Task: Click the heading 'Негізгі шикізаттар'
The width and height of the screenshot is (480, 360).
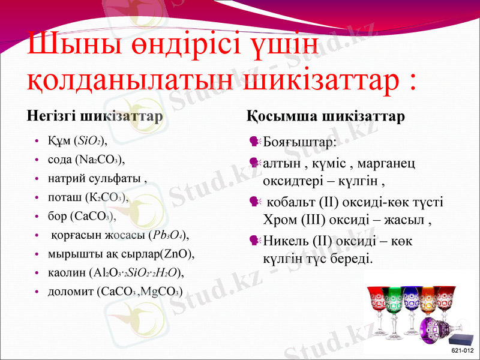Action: coord(95,116)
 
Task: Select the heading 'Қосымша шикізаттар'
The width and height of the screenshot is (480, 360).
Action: coord(326,116)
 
